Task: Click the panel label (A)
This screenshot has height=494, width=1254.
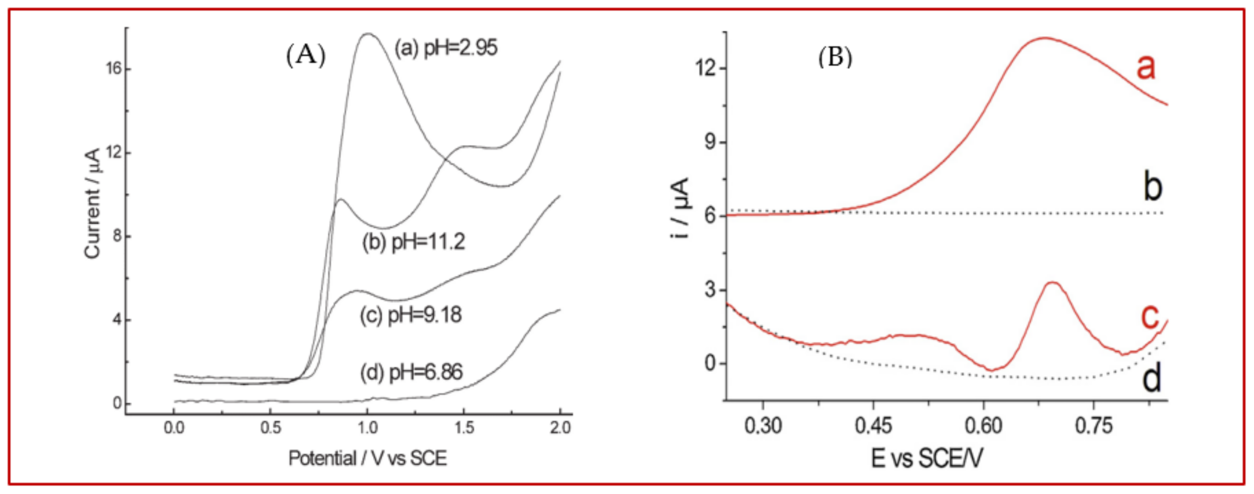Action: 305,55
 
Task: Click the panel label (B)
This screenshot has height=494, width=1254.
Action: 835,58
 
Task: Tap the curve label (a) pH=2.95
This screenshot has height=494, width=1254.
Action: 446,48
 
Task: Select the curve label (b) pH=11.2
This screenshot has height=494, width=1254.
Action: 413,242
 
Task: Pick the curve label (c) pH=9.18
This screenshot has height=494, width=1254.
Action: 411,315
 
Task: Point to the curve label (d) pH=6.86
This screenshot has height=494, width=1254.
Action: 411,373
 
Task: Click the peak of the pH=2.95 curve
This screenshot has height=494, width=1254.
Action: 368,34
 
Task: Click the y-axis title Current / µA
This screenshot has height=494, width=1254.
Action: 92,203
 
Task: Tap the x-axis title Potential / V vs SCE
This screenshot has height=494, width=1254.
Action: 368,458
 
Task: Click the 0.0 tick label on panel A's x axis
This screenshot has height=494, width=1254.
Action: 174,428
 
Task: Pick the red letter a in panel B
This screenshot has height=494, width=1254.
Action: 1145,67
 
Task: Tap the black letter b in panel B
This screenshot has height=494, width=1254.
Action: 1152,187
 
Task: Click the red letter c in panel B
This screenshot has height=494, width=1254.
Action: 1150,317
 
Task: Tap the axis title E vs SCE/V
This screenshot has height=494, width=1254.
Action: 926,458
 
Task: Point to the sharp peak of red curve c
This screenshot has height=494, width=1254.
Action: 1053,282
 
